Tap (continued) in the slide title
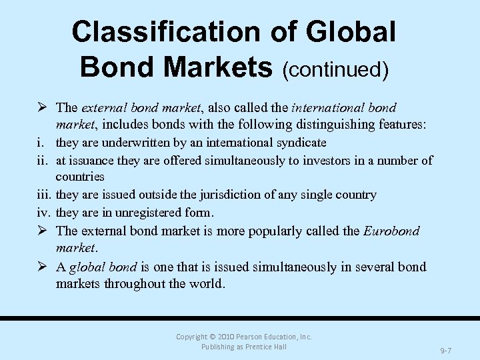[335, 69]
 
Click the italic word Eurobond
[391, 231]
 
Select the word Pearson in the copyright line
[257, 337]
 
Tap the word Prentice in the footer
[256, 347]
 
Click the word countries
[80, 177]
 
